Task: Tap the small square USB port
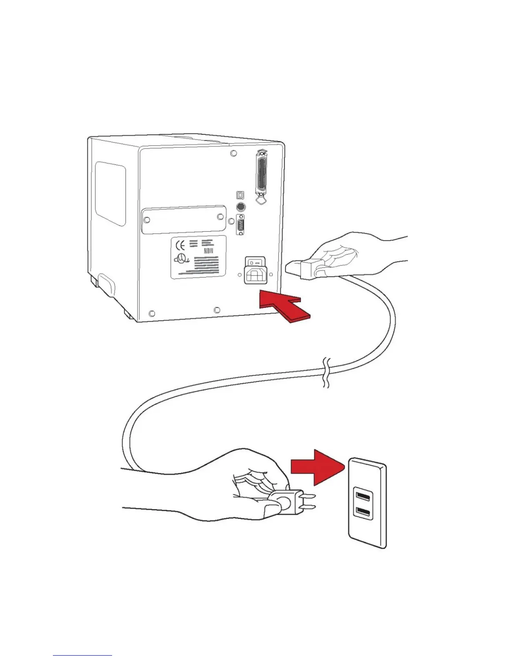coord(240,195)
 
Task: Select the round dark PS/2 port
coord(240,207)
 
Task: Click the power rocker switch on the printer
coord(255,262)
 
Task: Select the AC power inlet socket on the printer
coord(255,275)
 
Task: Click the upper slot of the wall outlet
coord(363,496)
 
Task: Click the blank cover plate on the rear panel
coord(184,219)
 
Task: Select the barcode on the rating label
coord(208,252)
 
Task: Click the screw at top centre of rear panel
coord(233,154)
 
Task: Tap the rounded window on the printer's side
coord(110,193)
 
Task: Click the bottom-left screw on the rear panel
coord(152,313)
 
